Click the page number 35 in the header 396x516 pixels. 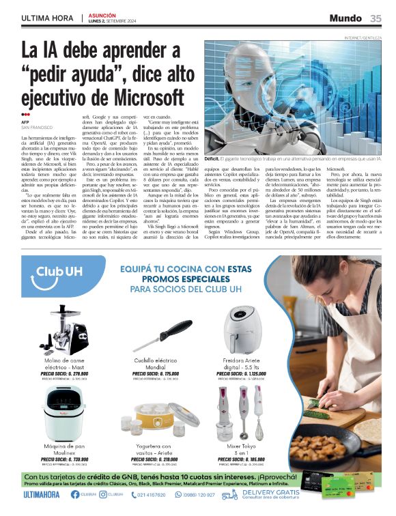point(376,18)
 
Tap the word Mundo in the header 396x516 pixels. point(345,18)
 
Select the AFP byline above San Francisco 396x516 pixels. point(25,122)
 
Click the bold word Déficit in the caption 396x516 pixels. point(214,158)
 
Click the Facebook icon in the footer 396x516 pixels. point(75,494)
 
